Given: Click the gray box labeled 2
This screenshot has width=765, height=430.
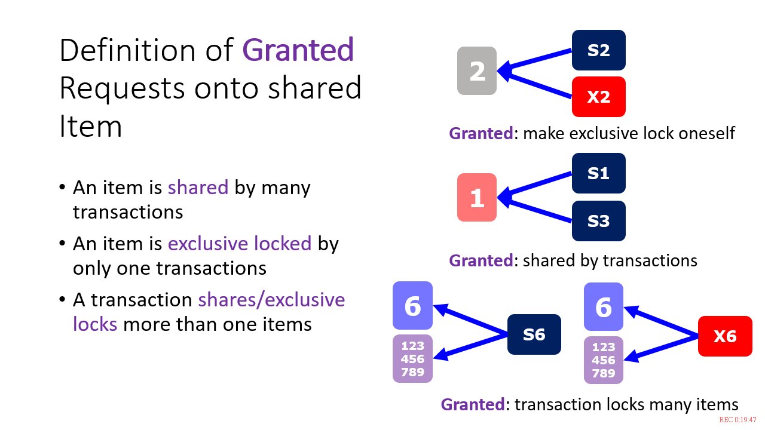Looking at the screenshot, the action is [477, 70].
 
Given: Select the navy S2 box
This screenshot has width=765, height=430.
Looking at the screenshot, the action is [599, 50].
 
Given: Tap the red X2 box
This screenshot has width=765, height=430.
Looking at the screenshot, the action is [599, 97].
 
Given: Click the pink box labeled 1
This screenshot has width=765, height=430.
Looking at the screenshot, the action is [477, 197].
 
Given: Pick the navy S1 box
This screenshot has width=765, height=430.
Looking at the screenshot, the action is [599, 173].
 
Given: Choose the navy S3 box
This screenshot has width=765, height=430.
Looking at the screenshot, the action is [599, 221].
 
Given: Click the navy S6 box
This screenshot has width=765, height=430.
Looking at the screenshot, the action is [534, 334].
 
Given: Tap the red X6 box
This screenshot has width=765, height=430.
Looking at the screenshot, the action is [725, 336].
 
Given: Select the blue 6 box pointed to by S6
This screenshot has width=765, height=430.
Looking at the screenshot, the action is [412, 305].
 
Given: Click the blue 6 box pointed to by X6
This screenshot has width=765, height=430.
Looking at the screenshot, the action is [604, 306].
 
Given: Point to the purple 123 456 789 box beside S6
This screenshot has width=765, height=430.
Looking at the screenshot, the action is [412, 359].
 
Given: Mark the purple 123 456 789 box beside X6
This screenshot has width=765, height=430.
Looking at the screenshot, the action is [604, 360].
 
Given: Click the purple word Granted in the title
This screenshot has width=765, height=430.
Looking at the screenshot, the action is [298, 50].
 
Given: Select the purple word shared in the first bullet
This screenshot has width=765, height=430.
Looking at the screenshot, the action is [198, 188].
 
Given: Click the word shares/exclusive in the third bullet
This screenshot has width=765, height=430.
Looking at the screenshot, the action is [271, 300].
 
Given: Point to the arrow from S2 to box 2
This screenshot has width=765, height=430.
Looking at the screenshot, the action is [534, 60].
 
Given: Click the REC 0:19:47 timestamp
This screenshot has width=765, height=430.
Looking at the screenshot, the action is [738, 420].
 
